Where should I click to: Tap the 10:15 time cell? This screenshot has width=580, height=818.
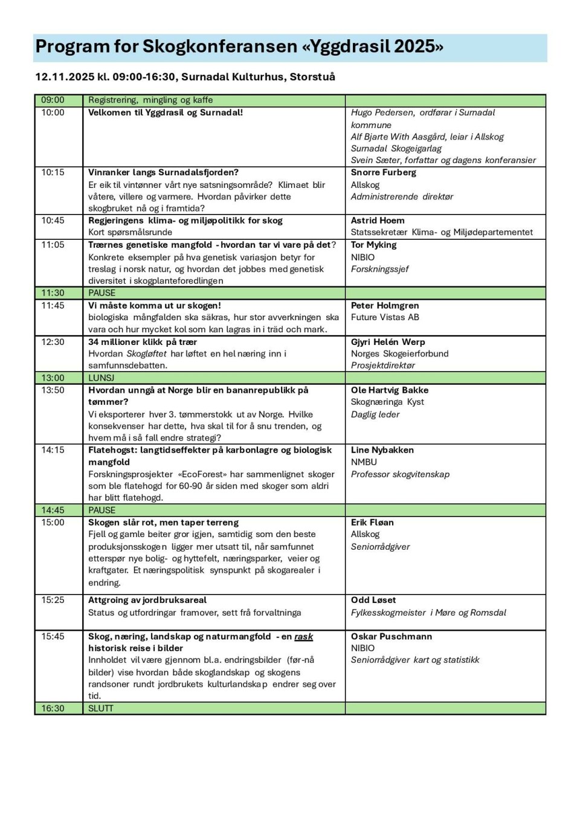click(x=53, y=173)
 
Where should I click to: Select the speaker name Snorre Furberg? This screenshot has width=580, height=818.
click(x=383, y=173)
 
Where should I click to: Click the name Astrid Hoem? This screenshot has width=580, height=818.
click(x=378, y=221)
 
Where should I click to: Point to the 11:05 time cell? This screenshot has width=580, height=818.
click(x=53, y=245)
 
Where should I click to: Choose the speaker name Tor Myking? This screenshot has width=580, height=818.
click(x=373, y=245)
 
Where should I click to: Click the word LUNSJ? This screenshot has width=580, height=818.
click(x=101, y=378)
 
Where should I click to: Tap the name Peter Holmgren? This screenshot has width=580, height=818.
click(x=385, y=306)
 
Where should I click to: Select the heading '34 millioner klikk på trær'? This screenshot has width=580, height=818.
click(x=143, y=342)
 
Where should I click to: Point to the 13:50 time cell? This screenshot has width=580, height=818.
click(x=53, y=390)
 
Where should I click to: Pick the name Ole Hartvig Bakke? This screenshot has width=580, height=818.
click(x=390, y=390)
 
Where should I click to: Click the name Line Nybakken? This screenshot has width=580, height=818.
click(x=382, y=450)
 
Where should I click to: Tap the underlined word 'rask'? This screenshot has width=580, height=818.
click(x=303, y=637)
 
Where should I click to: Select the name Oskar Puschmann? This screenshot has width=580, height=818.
click(x=391, y=637)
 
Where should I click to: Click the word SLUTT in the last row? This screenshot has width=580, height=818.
click(x=101, y=708)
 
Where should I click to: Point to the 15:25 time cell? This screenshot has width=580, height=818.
click(x=53, y=600)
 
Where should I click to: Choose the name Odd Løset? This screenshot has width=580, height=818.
click(x=373, y=600)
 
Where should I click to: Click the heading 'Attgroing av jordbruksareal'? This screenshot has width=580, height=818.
click(x=147, y=600)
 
